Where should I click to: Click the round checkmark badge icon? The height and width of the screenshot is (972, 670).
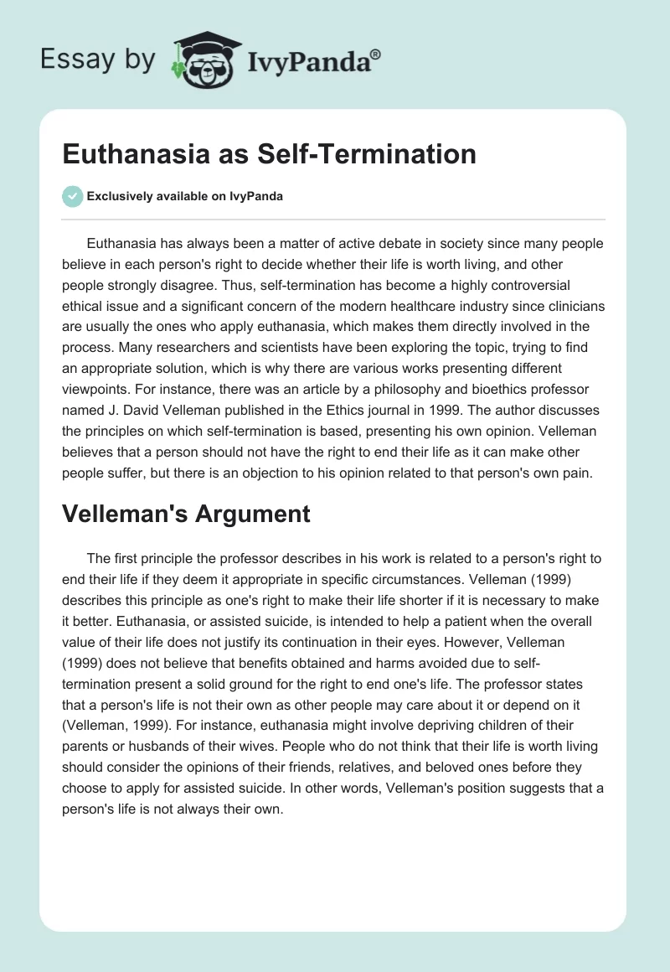pos(73,196)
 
